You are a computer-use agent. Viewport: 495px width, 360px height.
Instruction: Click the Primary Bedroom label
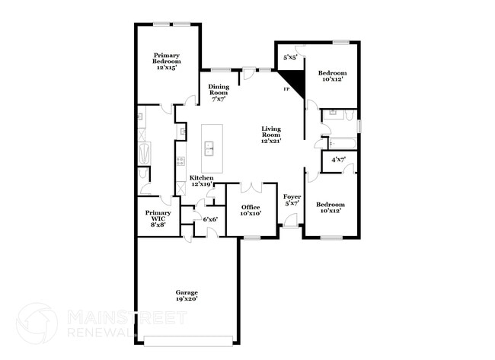point(167,61)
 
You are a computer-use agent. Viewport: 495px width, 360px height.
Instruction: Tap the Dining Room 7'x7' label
point(219,93)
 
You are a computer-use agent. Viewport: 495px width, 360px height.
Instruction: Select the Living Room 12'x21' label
point(271,135)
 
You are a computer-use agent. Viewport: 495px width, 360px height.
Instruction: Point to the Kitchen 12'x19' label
point(201,181)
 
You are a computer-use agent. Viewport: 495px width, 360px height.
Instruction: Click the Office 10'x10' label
point(251,210)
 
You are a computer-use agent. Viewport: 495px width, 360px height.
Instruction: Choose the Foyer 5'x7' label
point(292,200)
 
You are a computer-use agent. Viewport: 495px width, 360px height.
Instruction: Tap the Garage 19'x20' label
point(187,295)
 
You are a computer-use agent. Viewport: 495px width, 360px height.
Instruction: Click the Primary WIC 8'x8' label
point(158,218)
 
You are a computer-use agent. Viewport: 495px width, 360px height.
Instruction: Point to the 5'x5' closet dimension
point(290,57)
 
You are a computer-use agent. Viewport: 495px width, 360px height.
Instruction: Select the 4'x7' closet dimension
point(338,160)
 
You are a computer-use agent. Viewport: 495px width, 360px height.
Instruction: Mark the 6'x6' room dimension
point(210,219)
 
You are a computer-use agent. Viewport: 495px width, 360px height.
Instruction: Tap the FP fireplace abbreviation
point(286,89)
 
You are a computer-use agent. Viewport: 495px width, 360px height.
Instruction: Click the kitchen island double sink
point(209,148)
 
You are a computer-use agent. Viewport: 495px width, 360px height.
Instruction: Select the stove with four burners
point(180,161)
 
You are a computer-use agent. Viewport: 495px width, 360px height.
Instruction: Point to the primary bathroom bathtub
point(144,153)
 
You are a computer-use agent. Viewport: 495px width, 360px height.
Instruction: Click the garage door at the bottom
point(188,341)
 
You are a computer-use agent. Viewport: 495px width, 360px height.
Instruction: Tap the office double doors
point(251,187)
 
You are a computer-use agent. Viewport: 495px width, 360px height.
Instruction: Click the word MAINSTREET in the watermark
point(127,317)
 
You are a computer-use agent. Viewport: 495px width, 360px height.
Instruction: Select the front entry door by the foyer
point(290,220)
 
